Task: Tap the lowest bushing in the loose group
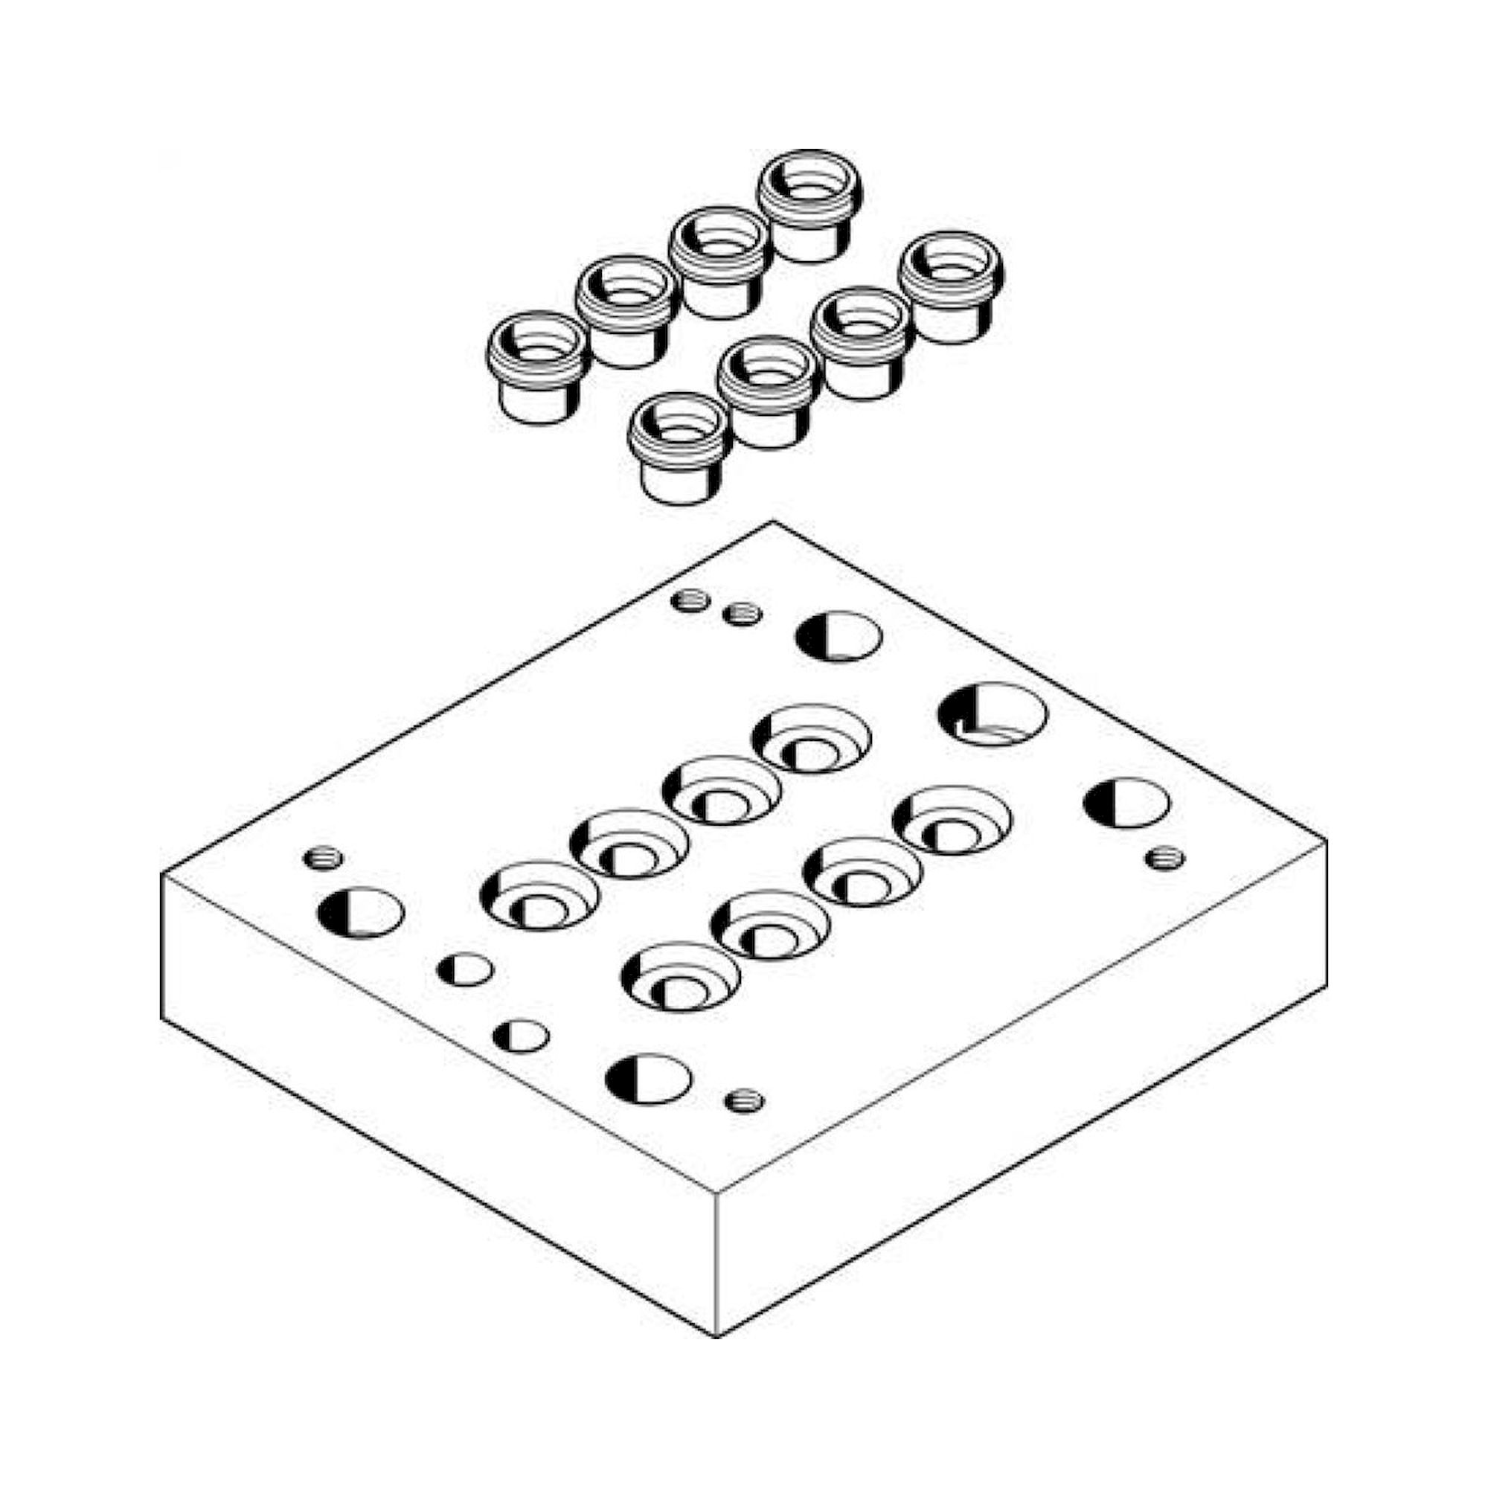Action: tap(679, 446)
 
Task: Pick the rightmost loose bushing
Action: tap(952, 286)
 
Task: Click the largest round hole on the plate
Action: tap(992, 713)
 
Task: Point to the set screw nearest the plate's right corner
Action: tap(1164, 857)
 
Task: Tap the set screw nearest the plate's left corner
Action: tap(324, 857)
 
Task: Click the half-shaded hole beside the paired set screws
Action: tap(838, 635)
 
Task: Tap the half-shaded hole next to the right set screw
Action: tap(1125, 803)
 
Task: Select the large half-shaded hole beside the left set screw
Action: tap(360, 914)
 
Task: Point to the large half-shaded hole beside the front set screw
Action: tap(648, 1078)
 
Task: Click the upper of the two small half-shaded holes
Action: tap(464, 969)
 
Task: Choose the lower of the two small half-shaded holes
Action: tap(521, 1036)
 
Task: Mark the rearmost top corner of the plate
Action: tap(773, 522)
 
